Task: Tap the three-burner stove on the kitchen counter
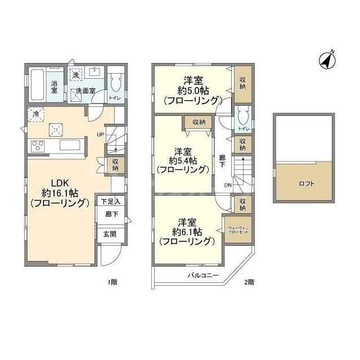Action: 38,147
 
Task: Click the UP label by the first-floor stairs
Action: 100,134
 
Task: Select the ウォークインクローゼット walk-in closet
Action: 238,230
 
